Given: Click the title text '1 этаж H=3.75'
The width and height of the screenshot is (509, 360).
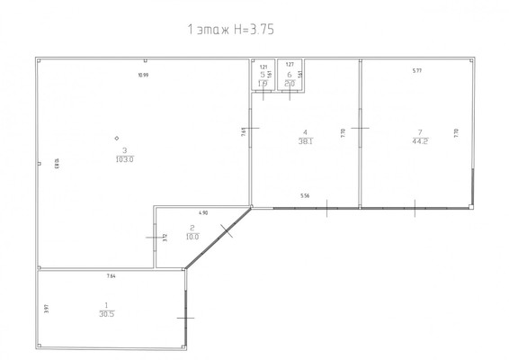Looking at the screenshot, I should [229, 30].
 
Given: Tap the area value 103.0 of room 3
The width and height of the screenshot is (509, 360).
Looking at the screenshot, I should [124, 159].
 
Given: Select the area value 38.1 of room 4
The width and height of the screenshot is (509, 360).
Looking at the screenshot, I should [305, 140].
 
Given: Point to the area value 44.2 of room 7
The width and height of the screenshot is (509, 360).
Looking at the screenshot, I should [418, 140].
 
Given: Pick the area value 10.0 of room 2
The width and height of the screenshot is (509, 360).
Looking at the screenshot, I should [192, 236].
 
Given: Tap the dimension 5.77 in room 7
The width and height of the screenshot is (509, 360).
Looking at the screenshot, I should [417, 70].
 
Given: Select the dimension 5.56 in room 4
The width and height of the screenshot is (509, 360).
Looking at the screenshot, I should [306, 196].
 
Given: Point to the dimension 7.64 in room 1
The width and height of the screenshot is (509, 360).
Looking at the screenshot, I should [112, 275].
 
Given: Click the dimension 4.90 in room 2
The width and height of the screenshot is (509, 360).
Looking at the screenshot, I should [202, 212].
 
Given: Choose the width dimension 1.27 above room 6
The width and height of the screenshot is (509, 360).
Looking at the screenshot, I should [288, 67].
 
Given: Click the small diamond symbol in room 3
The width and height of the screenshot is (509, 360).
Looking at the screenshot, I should [117, 138].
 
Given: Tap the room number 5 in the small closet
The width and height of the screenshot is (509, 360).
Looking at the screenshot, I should [263, 75].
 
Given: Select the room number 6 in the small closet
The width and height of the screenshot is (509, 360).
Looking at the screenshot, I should [289, 75].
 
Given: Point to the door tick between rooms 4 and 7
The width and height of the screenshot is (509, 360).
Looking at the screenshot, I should [360, 129].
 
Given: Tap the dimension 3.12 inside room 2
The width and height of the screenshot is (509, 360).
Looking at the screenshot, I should [166, 238].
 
